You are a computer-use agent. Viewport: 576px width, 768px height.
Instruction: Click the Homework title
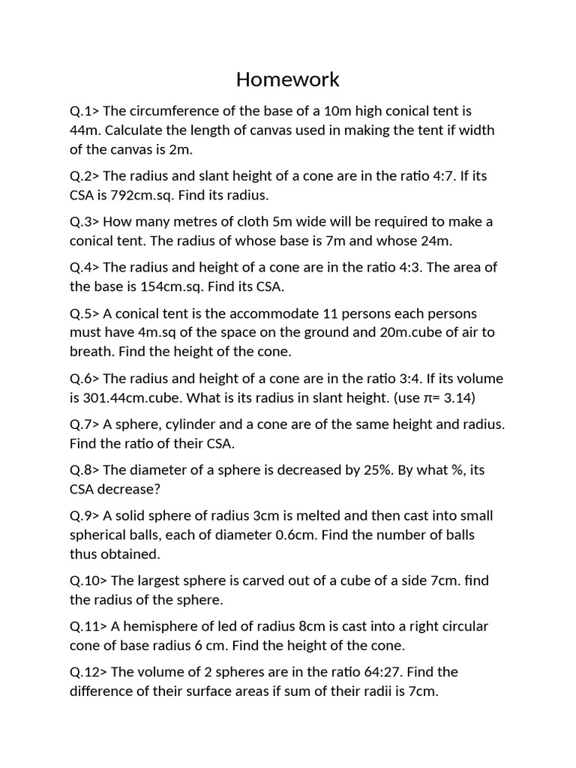[x=288, y=79]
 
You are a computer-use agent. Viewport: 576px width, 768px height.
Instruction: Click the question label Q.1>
[x=84, y=111]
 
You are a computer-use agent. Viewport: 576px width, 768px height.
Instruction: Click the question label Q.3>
[x=84, y=222]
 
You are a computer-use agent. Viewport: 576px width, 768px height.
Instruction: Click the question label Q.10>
[x=88, y=581]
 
